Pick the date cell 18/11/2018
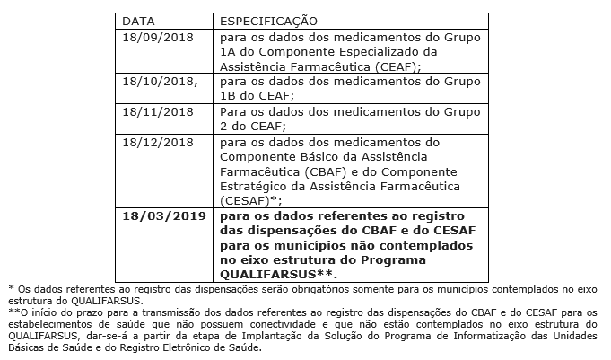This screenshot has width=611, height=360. (158, 112)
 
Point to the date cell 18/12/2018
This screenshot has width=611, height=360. (158, 142)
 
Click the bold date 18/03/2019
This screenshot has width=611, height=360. (164, 216)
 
